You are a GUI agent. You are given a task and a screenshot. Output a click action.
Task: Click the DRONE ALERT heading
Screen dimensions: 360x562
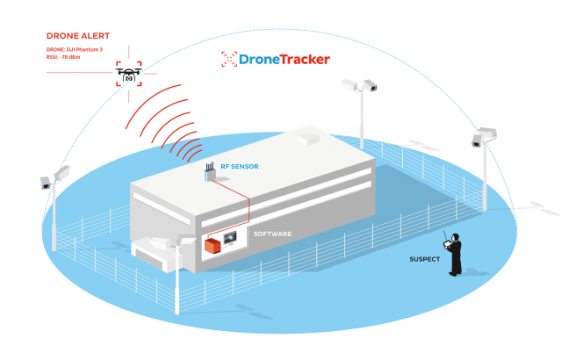coord(78,37)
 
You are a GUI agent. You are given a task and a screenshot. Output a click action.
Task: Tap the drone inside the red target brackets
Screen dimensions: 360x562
coord(128,75)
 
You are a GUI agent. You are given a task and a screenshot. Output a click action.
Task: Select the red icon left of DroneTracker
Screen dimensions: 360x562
coord(229,60)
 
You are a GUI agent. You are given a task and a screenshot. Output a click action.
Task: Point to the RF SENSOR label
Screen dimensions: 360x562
coord(240,167)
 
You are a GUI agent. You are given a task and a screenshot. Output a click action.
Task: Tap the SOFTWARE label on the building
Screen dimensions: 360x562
coord(272,234)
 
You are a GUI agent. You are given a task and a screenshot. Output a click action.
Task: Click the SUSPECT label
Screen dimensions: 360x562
coord(424,259)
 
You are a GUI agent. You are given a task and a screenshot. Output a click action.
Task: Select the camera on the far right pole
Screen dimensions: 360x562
coord(484,136)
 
